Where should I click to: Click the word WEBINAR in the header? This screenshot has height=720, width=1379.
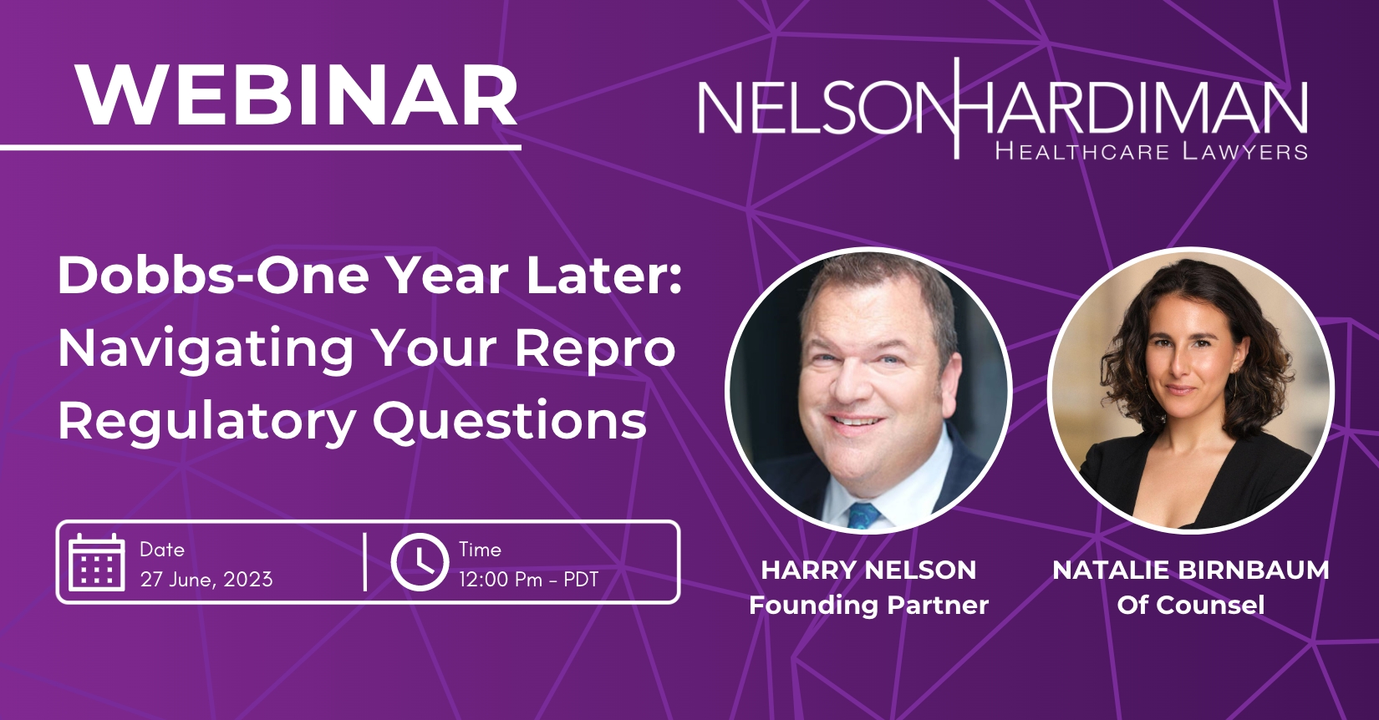pos(298,94)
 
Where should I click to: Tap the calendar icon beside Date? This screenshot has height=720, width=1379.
pos(97,562)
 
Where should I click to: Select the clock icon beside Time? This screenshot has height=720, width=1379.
pos(420,562)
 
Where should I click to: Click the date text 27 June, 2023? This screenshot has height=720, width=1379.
pos(206,580)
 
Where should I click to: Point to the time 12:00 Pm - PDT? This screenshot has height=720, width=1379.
pos(528,580)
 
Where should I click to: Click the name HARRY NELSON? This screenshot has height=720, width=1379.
pos(868,570)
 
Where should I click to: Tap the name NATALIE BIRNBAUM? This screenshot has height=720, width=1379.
pos(1191,570)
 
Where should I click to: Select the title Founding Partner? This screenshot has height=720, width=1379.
pos(868,605)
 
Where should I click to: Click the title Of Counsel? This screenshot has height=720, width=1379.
pos(1191,605)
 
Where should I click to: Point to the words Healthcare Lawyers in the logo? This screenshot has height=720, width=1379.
pos(1151,151)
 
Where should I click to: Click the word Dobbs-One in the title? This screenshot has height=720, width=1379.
pos(213,275)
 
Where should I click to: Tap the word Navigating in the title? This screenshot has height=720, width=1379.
pos(206,349)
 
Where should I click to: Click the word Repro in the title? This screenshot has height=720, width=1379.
pos(595,349)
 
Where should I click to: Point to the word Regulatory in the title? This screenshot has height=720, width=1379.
pos(207,422)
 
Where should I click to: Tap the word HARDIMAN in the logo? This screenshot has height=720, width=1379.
pos(1132,109)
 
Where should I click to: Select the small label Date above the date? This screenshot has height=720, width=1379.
pos(162,549)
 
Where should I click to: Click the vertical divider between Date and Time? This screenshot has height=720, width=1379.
pos(366,562)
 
